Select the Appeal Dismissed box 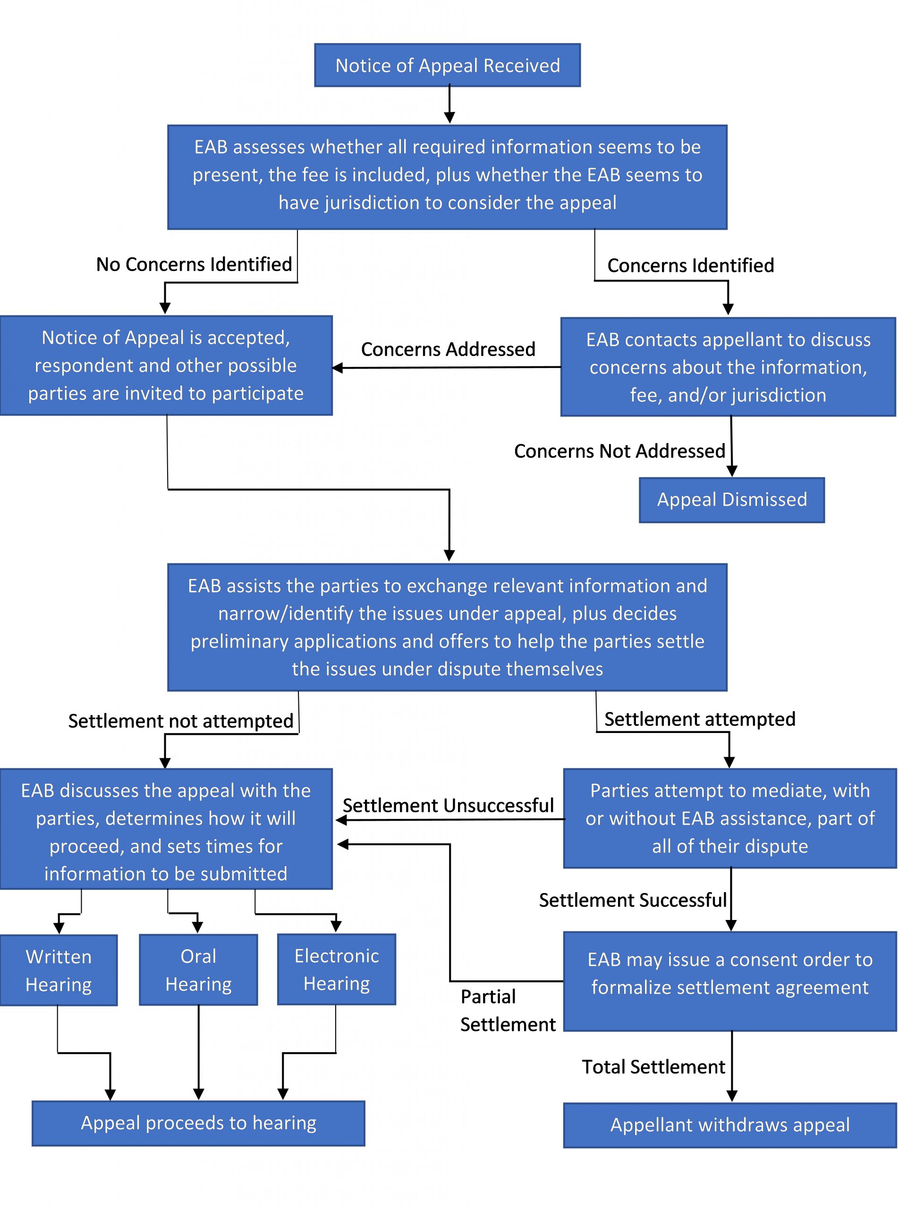tap(731, 500)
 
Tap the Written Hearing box tap(59, 971)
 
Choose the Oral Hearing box tap(198, 970)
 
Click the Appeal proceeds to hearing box tap(198, 1123)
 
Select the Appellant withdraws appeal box tap(729, 1125)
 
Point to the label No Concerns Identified tap(194, 264)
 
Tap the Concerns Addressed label tap(448, 349)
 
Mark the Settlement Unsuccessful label tap(448, 805)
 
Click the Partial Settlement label tap(507, 1011)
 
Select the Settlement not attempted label tap(180, 721)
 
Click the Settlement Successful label tap(632, 900)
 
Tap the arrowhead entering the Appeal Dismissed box tap(732, 471)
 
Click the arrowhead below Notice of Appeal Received tap(449, 118)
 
